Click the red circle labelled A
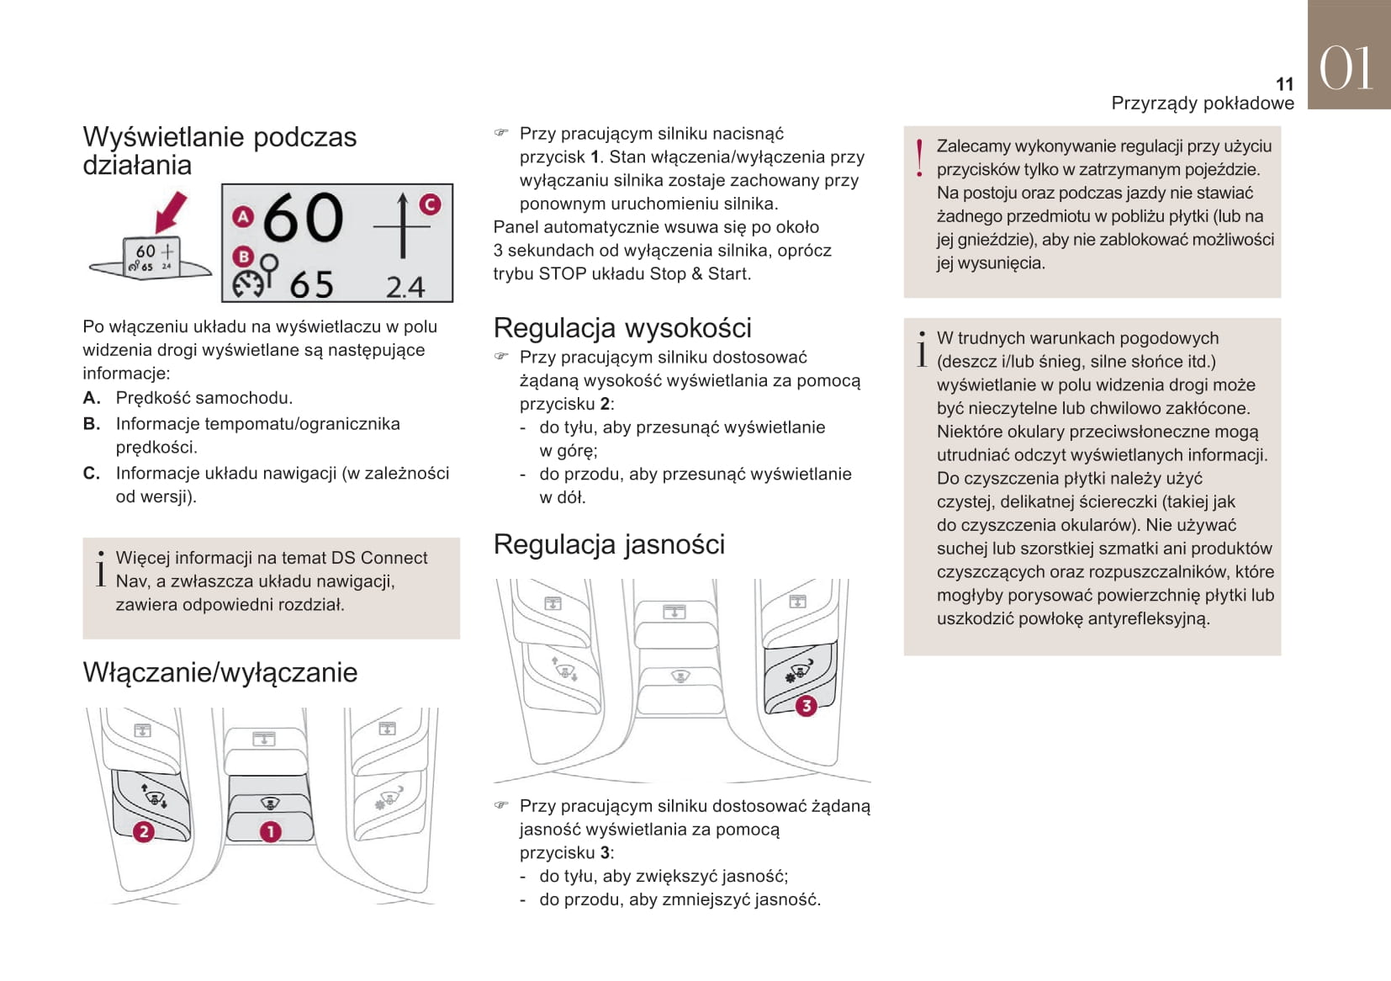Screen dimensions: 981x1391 (x=243, y=216)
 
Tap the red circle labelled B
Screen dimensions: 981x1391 (x=243, y=257)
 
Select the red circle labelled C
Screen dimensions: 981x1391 (x=430, y=204)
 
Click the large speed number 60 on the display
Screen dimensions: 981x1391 (x=303, y=218)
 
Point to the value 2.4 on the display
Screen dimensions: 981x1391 (x=405, y=288)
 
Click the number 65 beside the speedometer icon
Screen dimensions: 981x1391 (x=312, y=285)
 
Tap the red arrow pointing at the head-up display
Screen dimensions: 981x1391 (x=172, y=211)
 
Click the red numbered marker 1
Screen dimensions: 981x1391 (x=270, y=831)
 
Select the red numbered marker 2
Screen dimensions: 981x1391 (x=144, y=831)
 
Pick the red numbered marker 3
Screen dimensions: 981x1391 (x=806, y=705)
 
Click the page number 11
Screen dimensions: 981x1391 (x=1284, y=84)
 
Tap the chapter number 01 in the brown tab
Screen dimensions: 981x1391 (x=1346, y=68)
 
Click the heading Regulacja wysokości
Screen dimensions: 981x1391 (x=622, y=327)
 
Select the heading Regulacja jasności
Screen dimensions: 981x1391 (x=609, y=544)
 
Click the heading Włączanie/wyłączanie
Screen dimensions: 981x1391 (x=220, y=672)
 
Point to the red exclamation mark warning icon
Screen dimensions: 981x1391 (x=919, y=158)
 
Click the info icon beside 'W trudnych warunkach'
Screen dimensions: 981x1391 (x=922, y=349)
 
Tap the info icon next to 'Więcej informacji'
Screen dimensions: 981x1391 (x=101, y=569)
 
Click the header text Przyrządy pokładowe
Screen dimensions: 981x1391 (x=1203, y=103)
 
